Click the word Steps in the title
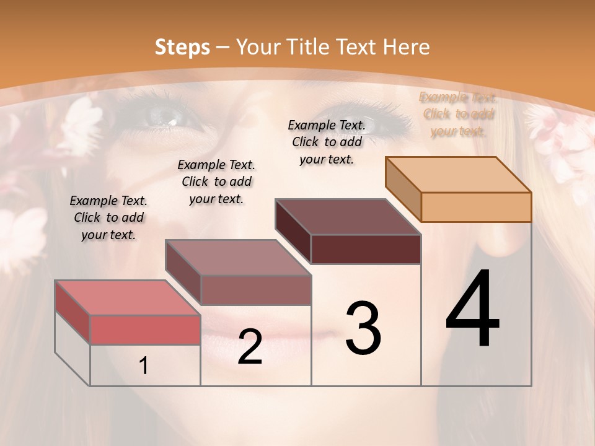click(x=182, y=47)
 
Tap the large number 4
click(x=472, y=310)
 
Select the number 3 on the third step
click(x=363, y=328)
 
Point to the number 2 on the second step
click(x=250, y=348)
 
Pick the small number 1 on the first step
click(x=144, y=366)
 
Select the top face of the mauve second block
click(x=238, y=258)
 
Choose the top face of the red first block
click(x=128, y=297)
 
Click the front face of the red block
click(x=145, y=329)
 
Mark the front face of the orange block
click(x=476, y=207)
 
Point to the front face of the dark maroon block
click(x=366, y=249)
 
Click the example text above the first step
click(x=108, y=217)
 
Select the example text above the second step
click(x=216, y=181)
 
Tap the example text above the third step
click(x=327, y=142)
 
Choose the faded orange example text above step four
click(x=458, y=114)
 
